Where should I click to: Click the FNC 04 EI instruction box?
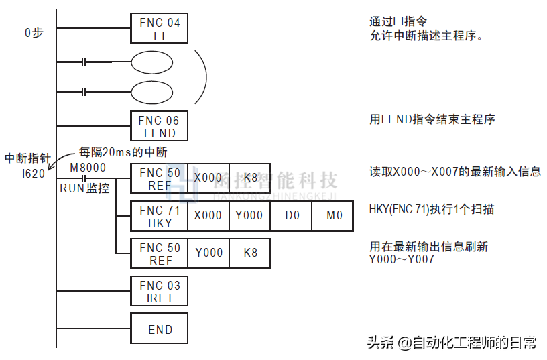pyautogui.click(x=160, y=29)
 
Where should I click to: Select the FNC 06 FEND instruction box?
pyautogui.click(x=160, y=127)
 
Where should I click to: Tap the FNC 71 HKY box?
pyautogui.click(x=160, y=217)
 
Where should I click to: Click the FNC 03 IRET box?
pyautogui.click(x=160, y=292)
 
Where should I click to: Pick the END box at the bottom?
pyautogui.click(x=160, y=329)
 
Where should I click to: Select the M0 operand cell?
pyautogui.click(x=332, y=216)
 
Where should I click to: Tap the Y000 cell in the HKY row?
pyautogui.click(x=249, y=216)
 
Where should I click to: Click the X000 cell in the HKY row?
pyautogui.click(x=208, y=216)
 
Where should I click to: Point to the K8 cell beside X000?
pyautogui.click(x=250, y=178)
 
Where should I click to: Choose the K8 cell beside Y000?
pyautogui.click(x=250, y=254)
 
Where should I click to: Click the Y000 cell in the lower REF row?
pyautogui.click(x=208, y=254)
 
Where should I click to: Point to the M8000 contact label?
pyautogui.click(x=87, y=167)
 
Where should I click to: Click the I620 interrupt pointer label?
pyautogui.click(x=33, y=172)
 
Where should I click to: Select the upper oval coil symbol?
pyautogui.click(x=151, y=62)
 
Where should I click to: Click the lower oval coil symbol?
pyautogui.click(x=151, y=91)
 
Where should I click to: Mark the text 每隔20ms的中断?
pyautogui.click(x=123, y=152)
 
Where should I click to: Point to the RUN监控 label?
pyautogui.click(x=84, y=188)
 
